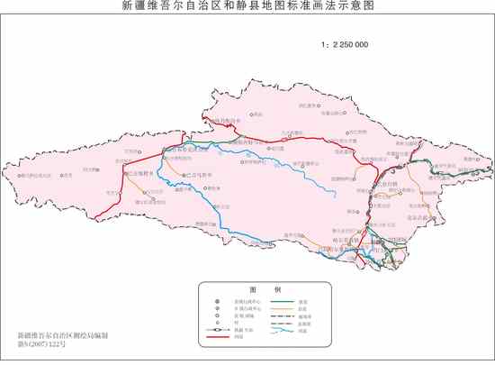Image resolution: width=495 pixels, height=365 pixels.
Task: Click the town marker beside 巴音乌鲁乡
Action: tap(183, 176)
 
